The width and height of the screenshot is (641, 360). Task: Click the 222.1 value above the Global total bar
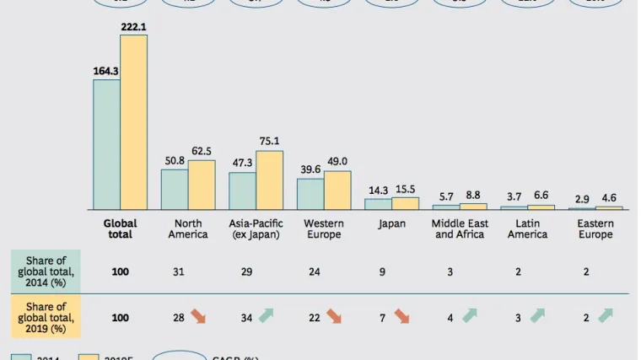coord(133,27)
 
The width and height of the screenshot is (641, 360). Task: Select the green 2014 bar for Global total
coord(106,144)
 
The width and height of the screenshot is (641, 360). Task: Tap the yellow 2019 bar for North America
coord(202,185)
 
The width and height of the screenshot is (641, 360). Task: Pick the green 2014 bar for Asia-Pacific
coord(242,191)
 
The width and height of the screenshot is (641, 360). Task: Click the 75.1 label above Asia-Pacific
coord(269,142)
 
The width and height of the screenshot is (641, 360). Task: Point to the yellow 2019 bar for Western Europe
coord(337,191)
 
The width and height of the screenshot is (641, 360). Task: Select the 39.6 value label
coord(310,169)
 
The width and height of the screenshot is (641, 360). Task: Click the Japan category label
coord(391,224)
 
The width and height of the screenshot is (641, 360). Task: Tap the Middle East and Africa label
coord(460,228)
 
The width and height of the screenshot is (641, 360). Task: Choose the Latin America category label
coord(527,228)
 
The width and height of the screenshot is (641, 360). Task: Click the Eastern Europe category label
coord(595,228)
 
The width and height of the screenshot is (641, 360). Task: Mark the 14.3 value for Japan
coord(378,191)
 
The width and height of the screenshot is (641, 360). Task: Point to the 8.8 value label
coord(473,196)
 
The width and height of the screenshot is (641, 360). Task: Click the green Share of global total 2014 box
coord(46,271)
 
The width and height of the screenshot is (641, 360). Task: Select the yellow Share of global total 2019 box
coord(46,317)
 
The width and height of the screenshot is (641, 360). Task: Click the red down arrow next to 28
coord(198,317)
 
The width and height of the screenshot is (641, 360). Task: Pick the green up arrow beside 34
coord(267,316)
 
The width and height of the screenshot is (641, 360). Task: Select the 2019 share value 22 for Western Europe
coord(314,318)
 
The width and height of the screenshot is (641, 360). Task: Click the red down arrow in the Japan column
coord(402,317)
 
